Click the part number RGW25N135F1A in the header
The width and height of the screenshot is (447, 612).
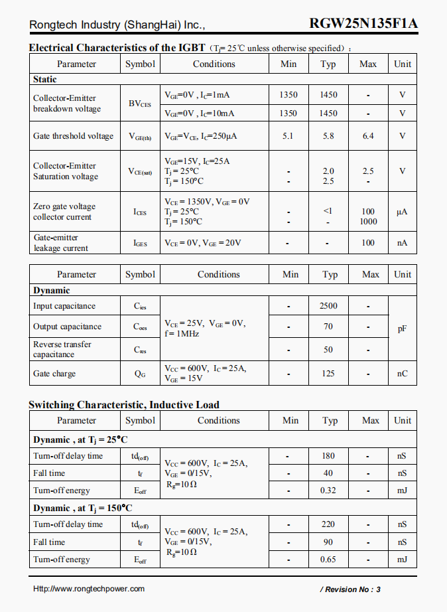click(363, 25)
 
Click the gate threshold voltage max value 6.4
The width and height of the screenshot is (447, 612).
click(368, 136)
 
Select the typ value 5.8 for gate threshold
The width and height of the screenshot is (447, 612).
click(328, 136)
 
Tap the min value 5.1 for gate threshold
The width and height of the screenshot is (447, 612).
click(288, 136)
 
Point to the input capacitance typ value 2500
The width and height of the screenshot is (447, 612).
click(328, 306)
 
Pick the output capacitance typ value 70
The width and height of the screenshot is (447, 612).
click(328, 327)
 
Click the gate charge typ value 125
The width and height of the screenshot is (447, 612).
click(328, 374)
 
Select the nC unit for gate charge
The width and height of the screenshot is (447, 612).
click(402, 374)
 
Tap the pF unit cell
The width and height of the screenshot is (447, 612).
click(402, 329)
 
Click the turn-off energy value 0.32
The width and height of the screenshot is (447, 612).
click(328, 491)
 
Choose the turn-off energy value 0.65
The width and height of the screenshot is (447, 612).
click(328, 560)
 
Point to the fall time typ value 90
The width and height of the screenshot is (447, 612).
click(328, 542)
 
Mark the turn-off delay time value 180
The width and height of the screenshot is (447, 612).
click(328, 456)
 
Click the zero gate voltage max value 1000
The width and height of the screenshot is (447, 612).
click(368, 222)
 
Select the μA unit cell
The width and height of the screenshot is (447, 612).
click(402, 212)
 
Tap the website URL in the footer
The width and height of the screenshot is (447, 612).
click(89, 589)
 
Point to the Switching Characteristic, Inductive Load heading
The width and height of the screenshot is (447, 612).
click(124, 405)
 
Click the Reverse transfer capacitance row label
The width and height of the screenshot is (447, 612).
click(62, 349)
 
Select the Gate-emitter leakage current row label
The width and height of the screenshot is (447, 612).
click(60, 243)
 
